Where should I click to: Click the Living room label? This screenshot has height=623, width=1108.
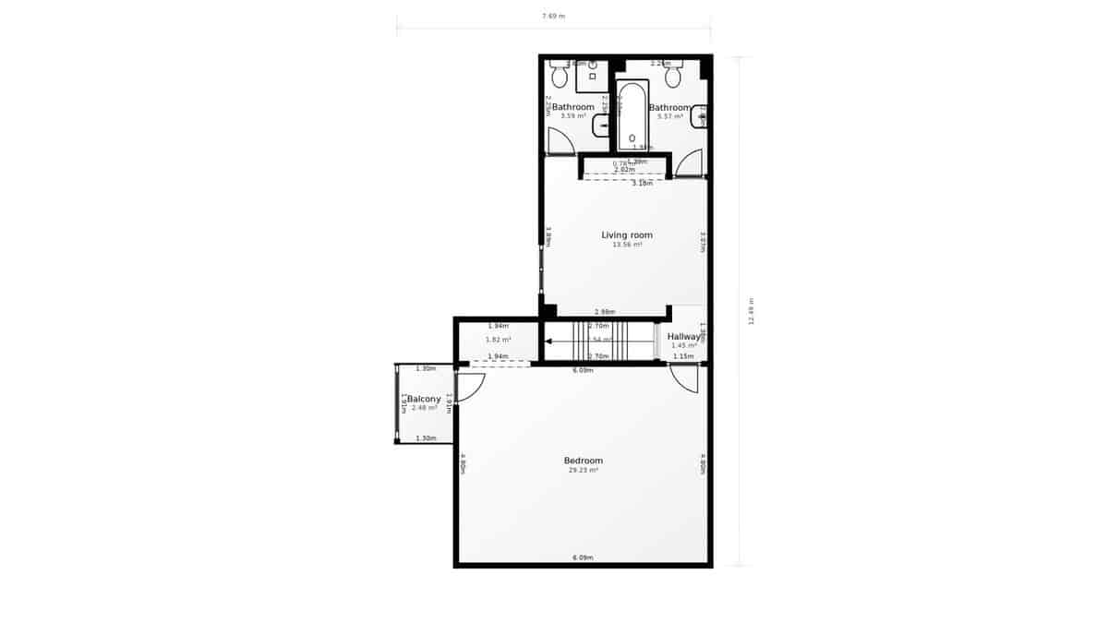pyautogui.click(x=627, y=235)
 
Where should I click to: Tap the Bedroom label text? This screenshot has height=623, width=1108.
pyautogui.click(x=583, y=461)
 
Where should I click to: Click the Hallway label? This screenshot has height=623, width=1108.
pyautogui.click(x=683, y=337)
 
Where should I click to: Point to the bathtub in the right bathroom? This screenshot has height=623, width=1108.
pyautogui.click(x=632, y=115)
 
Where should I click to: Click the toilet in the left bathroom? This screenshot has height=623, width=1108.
pyautogui.click(x=560, y=76)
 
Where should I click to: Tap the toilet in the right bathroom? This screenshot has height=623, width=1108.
pyautogui.click(x=673, y=76)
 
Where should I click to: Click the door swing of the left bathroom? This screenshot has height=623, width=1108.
pyautogui.click(x=560, y=142)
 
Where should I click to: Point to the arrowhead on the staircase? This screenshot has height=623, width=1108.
pyautogui.click(x=548, y=341)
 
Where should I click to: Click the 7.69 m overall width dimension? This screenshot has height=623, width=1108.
pyautogui.click(x=553, y=16)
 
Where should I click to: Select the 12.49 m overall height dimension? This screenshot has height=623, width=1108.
pyautogui.click(x=752, y=311)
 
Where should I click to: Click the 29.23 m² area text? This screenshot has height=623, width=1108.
pyautogui.click(x=583, y=471)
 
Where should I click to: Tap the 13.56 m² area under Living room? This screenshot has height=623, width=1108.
pyautogui.click(x=627, y=246)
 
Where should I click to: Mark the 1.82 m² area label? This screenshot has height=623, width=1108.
pyautogui.click(x=498, y=340)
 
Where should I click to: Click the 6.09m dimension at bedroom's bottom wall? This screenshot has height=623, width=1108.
pyautogui.click(x=583, y=557)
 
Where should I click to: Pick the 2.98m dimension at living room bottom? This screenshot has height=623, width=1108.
pyautogui.click(x=605, y=312)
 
